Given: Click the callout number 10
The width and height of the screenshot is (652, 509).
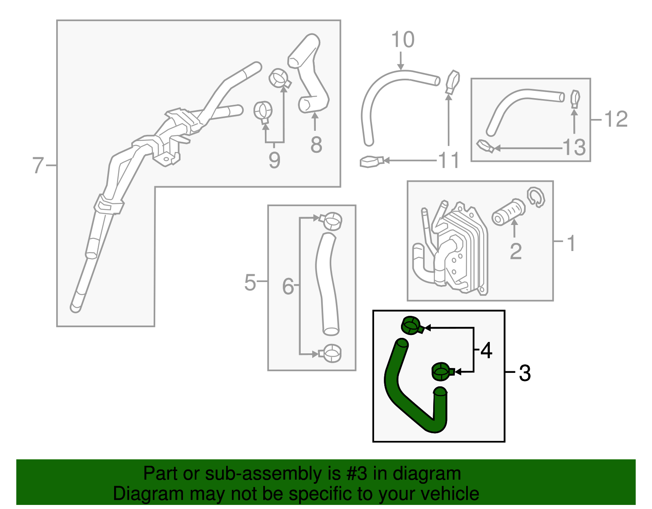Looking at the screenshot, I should pyautogui.click(x=403, y=40).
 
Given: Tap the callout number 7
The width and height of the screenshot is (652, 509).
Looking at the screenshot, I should pyautogui.click(x=38, y=165).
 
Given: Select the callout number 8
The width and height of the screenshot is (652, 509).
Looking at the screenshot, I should pyautogui.click(x=316, y=145).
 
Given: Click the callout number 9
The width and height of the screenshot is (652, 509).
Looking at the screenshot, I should pyautogui.click(x=274, y=160).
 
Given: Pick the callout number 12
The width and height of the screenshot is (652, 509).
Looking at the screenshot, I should pyautogui.click(x=616, y=119).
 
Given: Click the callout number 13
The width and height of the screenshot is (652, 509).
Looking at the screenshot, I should pyautogui.click(x=574, y=148).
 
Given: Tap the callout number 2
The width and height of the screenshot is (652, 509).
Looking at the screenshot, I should pyautogui.click(x=515, y=251).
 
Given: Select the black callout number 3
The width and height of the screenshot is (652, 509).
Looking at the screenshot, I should pyautogui.click(x=525, y=373).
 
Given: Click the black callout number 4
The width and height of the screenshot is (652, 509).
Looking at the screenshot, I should pyautogui.click(x=486, y=350).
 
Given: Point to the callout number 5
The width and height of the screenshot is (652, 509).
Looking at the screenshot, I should pyautogui.click(x=250, y=282).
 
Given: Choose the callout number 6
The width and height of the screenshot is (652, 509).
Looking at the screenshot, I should pyautogui.click(x=288, y=286).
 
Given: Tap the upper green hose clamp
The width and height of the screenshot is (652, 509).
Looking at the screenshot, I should pyautogui.click(x=412, y=326).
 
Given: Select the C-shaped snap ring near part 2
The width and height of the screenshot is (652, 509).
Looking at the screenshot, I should pyautogui.click(x=536, y=196).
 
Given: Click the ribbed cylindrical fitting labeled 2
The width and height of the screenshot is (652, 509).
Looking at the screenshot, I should pyautogui.click(x=508, y=212).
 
